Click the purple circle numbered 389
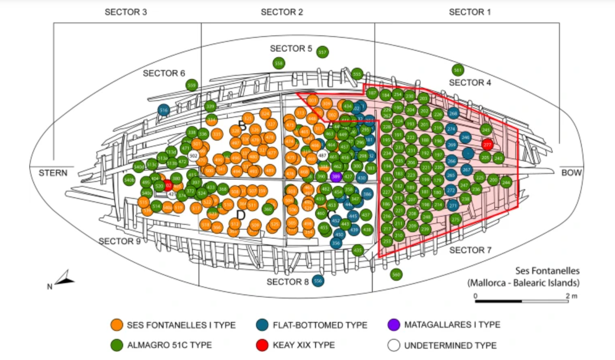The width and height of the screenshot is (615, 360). click(x=336, y=176)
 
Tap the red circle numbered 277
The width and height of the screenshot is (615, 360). click(x=488, y=145)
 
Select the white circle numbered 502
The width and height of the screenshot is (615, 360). click(x=193, y=155)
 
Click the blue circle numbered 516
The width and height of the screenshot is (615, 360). click(x=164, y=110)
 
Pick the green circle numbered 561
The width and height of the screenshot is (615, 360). click(x=458, y=70)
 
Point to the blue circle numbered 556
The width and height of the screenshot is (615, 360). click(x=318, y=281)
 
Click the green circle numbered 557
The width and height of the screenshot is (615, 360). click(x=323, y=52)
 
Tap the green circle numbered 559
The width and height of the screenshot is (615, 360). click(x=192, y=85)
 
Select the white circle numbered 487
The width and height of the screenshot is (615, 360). click(x=323, y=155)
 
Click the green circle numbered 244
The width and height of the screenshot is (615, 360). click(x=505, y=182)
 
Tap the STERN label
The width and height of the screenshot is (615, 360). click(x=53, y=173)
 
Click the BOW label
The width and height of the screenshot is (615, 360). click(x=572, y=173)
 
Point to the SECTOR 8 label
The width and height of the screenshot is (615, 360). click(x=288, y=282)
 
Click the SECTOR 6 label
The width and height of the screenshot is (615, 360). click(x=164, y=73)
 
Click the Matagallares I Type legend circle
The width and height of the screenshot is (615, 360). click(x=393, y=325)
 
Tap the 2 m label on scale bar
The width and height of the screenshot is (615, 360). click(x=571, y=296)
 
